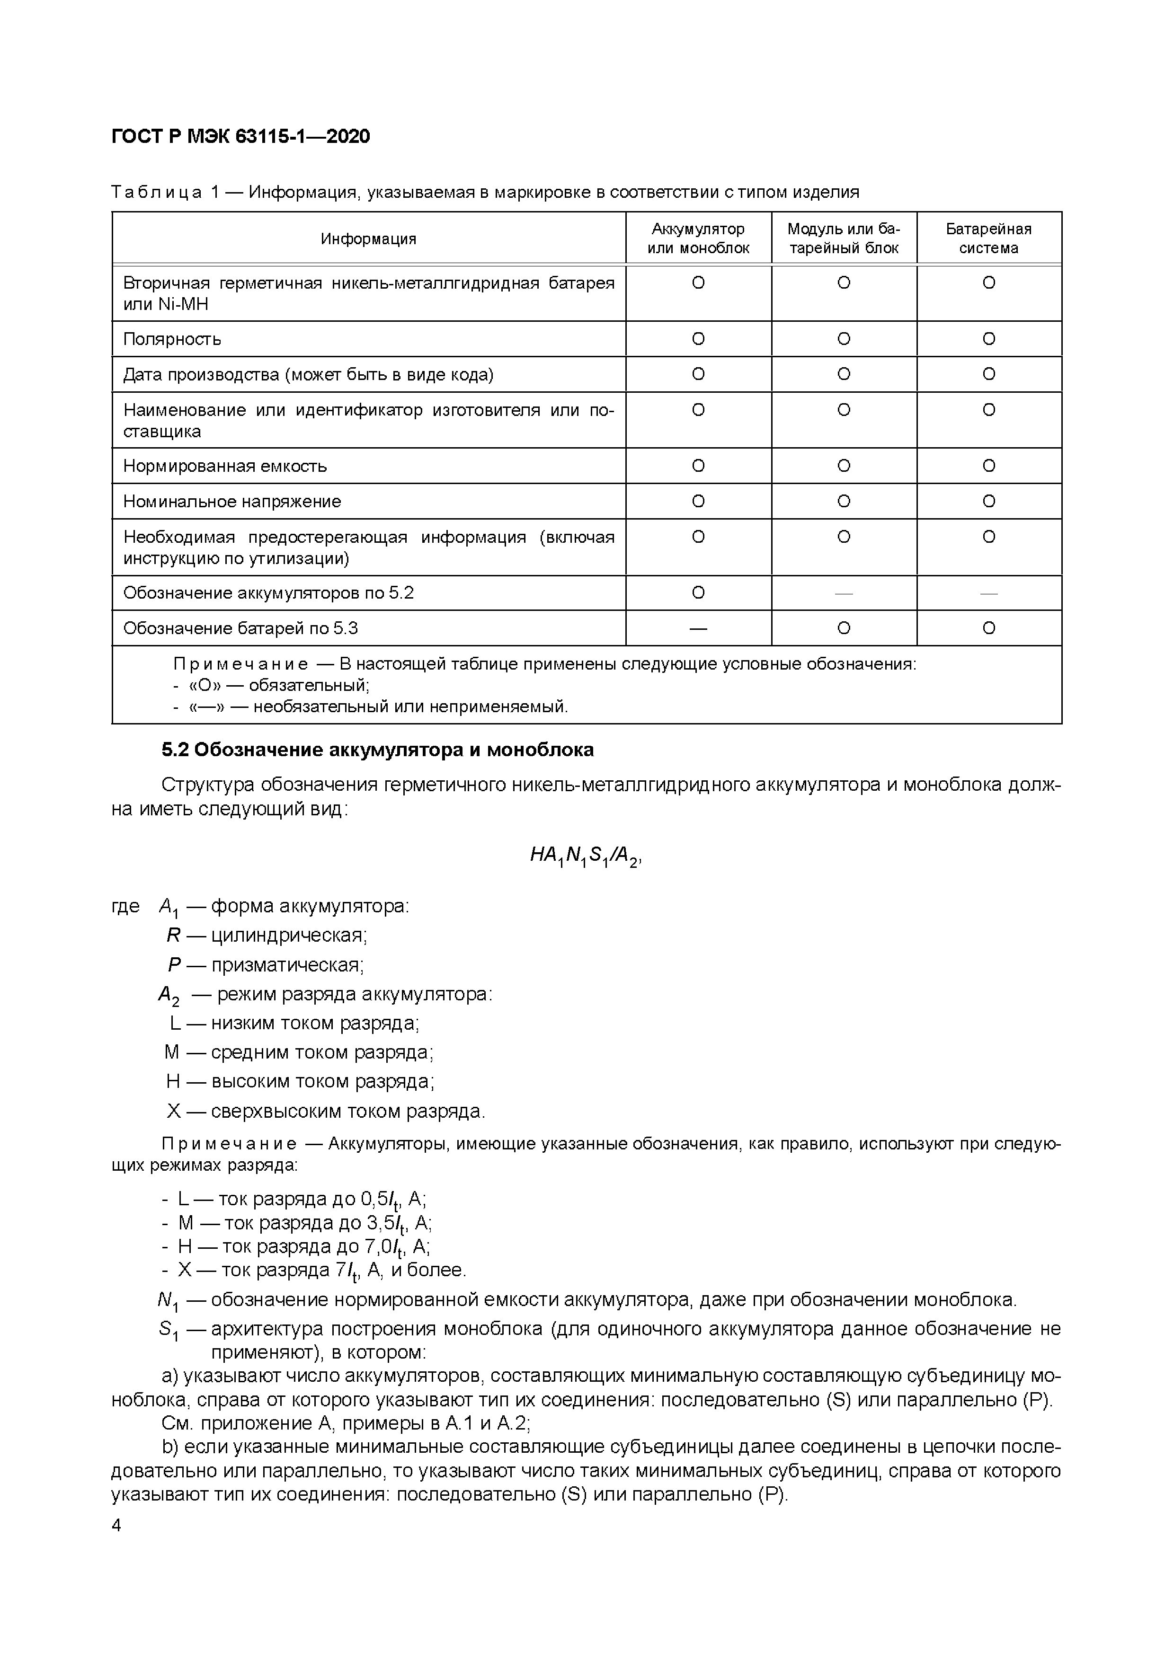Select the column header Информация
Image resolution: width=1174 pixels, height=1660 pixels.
(x=368, y=238)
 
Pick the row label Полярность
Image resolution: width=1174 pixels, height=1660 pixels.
(x=172, y=339)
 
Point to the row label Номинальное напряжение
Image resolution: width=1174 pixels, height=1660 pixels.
(x=231, y=501)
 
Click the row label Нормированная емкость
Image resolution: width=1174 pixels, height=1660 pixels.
(x=224, y=466)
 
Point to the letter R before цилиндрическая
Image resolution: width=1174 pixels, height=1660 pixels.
(x=173, y=936)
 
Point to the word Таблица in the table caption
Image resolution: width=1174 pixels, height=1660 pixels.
(x=156, y=192)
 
